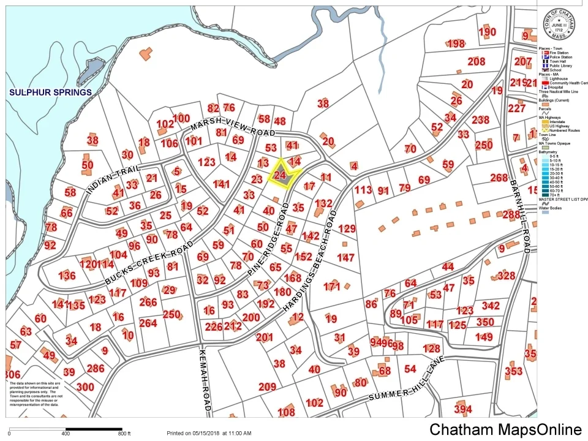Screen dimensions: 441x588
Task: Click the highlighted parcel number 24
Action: pyautogui.click(x=281, y=175)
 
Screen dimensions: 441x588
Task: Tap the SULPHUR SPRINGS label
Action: pyautogui.click(x=50, y=92)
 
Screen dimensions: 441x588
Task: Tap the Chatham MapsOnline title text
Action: pyautogui.click(x=505, y=429)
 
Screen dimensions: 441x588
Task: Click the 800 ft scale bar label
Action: pyautogui.click(x=124, y=434)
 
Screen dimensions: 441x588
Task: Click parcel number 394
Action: pyautogui.click(x=463, y=409)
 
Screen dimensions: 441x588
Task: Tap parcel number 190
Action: pyautogui.click(x=487, y=32)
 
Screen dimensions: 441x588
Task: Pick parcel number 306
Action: pyautogui.click(x=12, y=375)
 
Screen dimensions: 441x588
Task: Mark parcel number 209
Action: pyautogui.click(x=267, y=386)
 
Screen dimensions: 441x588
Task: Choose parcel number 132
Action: pyautogui.click(x=323, y=203)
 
